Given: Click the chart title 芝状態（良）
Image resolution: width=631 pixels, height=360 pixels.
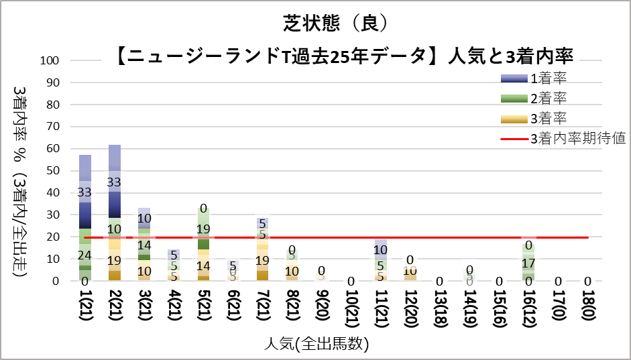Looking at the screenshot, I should (x=333, y=23).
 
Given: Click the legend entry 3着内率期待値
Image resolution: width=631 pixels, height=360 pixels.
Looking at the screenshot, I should (x=577, y=139).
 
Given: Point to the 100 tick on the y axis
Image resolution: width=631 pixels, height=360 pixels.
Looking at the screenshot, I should (x=52, y=60).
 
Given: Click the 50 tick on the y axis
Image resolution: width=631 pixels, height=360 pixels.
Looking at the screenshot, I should (x=54, y=171).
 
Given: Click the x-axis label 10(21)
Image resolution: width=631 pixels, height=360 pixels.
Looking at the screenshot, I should (x=351, y=314).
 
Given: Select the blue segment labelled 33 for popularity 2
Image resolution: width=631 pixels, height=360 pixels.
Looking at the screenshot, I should (x=115, y=182).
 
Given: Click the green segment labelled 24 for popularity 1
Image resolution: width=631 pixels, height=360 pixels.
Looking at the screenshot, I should (x=85, y=255).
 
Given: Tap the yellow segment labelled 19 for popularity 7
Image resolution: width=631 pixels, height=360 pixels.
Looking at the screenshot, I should (x=262, y=260).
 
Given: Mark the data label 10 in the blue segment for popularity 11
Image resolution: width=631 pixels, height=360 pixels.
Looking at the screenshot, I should (x=380, y=250).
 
